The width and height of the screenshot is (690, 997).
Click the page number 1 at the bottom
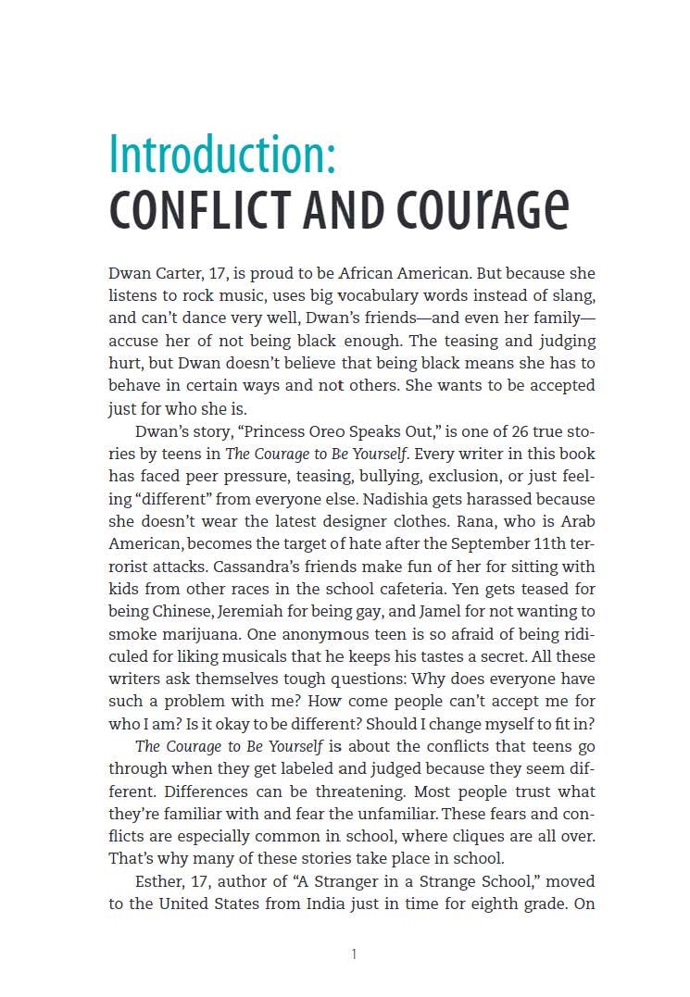[354, 954]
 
